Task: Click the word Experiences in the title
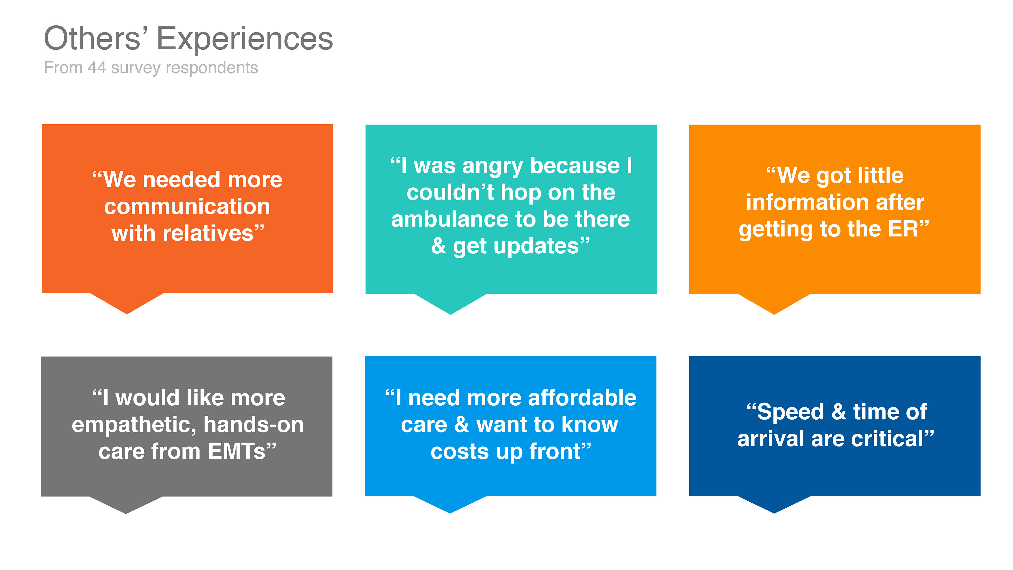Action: (x=245, y=39)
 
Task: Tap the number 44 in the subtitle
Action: (x=97, y=68)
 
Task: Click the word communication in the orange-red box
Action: (x=187, y=207)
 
